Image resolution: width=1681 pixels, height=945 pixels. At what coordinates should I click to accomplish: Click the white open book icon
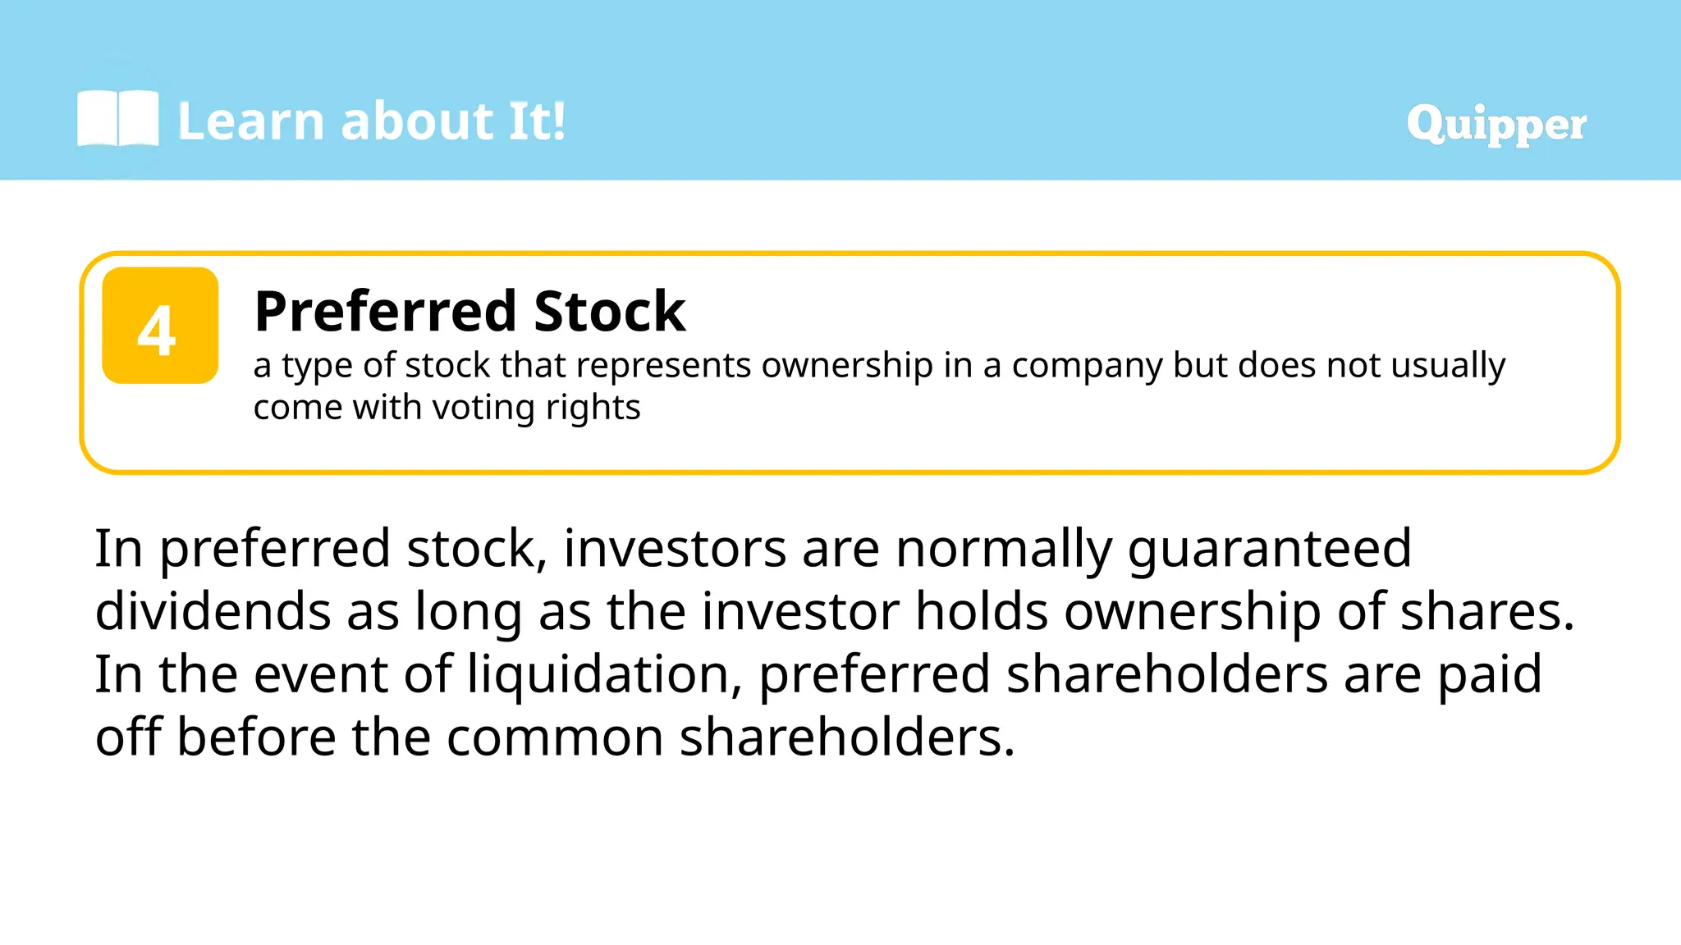(x=117, y=119)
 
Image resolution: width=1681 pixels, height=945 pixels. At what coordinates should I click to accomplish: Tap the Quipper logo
(x=1495, y=125)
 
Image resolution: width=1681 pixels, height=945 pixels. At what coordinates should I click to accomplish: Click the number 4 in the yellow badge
(x=157, y=330)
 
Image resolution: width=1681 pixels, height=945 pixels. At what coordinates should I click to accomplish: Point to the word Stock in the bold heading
(x=609, y=312)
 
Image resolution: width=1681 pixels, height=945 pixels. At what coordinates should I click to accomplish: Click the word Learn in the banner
(x=250, y=121)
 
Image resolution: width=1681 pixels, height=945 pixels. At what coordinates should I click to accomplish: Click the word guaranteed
(x=1269, y=550)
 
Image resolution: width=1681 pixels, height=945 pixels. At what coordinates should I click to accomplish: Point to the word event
(x=320, y=674)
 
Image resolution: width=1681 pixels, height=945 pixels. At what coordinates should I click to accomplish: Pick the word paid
(x=1489, y=674)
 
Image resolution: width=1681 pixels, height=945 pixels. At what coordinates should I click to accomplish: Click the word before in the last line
(x=256, y=737)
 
